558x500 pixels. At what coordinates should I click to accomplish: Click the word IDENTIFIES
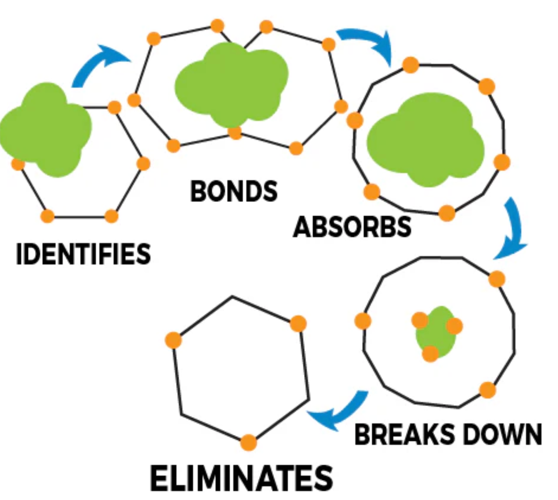[x=83, y=254]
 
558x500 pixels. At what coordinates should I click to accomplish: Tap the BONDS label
[x=234, y=191]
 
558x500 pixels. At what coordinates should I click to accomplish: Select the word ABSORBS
[x=352, y=227]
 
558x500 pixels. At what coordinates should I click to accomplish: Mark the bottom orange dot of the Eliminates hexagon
[x=249, y=442]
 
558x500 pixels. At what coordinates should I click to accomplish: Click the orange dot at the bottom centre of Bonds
[x=235, y=132]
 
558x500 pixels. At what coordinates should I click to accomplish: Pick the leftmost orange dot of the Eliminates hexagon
[x=173, y=340]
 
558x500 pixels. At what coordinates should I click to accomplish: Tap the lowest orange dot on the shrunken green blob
[x=430, y=354]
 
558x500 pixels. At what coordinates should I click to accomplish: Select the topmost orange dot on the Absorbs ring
[x=411, y=65]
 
